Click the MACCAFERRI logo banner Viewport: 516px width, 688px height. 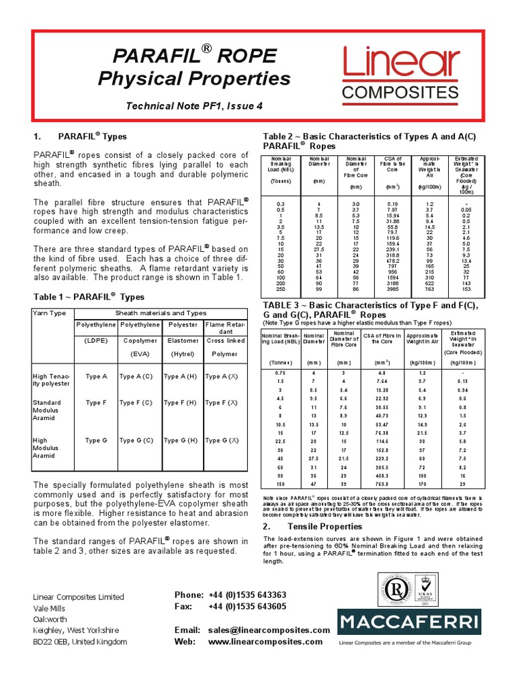coord(408,621)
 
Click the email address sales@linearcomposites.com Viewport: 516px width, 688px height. coord(269,630)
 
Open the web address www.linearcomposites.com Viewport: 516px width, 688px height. coord(260,642)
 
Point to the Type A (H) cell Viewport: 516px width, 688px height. coord(180,377)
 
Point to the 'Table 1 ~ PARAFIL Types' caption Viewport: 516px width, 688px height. coord(89,296)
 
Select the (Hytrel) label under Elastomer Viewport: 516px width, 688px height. coord(180,354)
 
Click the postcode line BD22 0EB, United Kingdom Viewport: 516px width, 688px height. coord(80,642)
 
